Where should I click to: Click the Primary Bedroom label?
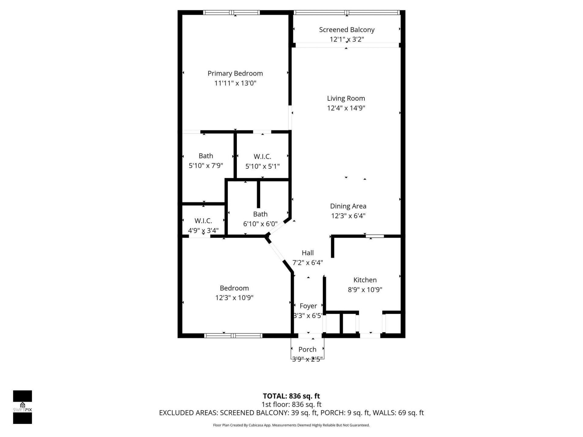click(235, 73)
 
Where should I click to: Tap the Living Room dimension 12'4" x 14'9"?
click(346, 108)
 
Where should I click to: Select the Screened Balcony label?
click(346, 30)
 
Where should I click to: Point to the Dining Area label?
click(348, 206)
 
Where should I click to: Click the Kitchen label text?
click(365, 280)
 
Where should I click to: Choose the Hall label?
click(308, 253)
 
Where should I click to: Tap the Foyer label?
click(308, 306)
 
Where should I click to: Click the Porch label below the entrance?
click(307, 349)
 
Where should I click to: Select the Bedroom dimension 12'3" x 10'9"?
click(234, 298)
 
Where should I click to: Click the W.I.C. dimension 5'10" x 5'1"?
click(262, 166)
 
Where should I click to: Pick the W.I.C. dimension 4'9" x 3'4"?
click(203, 231)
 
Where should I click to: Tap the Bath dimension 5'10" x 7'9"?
click(206, 166)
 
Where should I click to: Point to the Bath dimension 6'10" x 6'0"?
click(260, 224)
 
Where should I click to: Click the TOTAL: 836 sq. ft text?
click(291, 396)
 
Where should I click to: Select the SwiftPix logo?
click(22, 407)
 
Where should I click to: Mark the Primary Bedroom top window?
click(231, 12)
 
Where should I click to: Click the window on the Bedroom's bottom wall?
click(233, 336)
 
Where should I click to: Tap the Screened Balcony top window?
click(346, 12)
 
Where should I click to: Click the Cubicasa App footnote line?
click(291, 425)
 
